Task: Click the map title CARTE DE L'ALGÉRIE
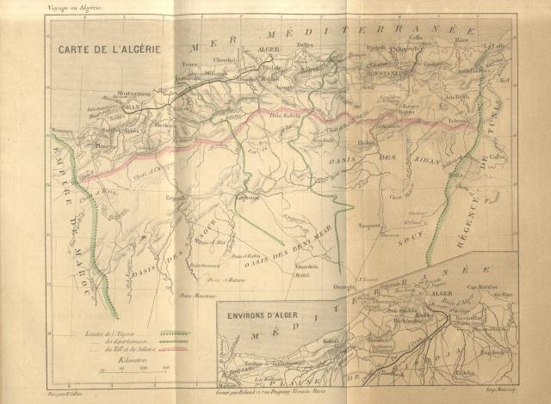(108, 50)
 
